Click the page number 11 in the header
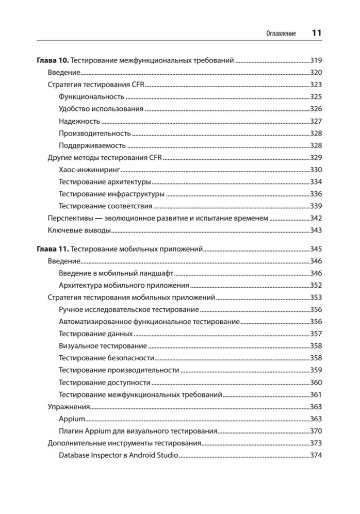click(317, 32)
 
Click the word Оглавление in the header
click(281, 34)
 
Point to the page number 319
click(315, 60)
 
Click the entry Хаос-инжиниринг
click(90, 170)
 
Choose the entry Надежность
click(79, 121)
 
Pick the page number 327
click(315, 121)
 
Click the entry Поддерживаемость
click(92, 145)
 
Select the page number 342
click(315, 218)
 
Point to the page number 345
click(315, 248)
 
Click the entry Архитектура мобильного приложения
click(124, 285)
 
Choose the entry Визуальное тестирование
click(103, 346)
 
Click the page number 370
click(315, 430)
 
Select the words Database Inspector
click(91, 455)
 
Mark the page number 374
click(315, 455)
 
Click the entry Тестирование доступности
click(105, 382)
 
